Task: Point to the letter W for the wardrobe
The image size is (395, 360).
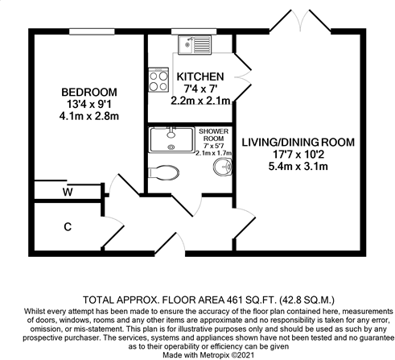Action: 68,192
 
